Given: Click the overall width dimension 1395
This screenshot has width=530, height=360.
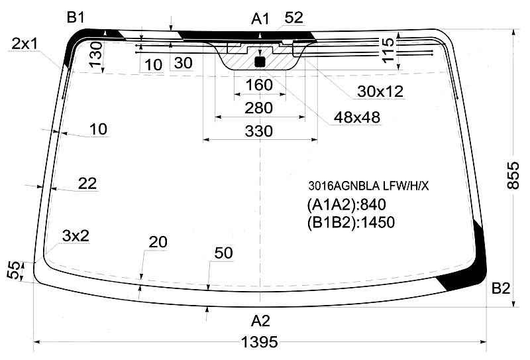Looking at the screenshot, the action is pyautogui.click(x=260, y=342).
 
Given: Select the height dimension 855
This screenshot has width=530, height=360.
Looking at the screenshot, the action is pyautogui.click(x=513, y=175).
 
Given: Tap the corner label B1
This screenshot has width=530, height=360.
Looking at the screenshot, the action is pyautogui.click(x=76, y=17).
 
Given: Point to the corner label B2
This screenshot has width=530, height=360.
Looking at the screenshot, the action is pyautogui.click(x=501, y=288).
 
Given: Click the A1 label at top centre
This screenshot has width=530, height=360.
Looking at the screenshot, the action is pyautogui.click(x=260, y=19).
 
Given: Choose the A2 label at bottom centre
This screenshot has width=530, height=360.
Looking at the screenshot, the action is pyautogui.click(x=260, y=321).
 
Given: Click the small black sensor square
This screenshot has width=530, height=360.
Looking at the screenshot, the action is pyautogui.click(x=260, y=62).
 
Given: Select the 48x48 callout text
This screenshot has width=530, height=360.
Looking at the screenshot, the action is pyautogui.click(x=356, y=117).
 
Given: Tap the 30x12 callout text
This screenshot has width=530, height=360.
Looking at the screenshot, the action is pyautogui.click(x=380, y=91).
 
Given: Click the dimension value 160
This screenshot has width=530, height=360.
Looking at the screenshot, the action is pyautogui.click(x=259, y=85).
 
